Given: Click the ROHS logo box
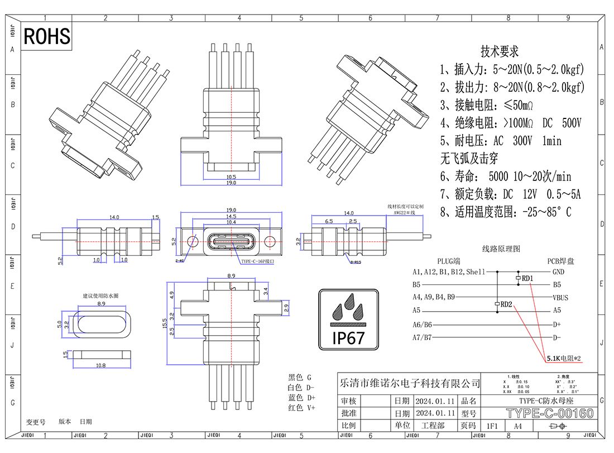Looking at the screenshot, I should [x=47, y=36].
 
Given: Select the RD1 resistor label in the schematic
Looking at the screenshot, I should [x=527, y=278].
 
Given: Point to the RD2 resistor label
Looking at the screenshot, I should [x=506, y=304].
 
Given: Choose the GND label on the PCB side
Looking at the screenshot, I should [x=558, y=272].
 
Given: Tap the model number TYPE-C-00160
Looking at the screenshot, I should [x=549, y=414].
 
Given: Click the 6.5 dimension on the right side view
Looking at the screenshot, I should [x=329, y=222].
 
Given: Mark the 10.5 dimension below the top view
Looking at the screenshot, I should [x=231, y=177].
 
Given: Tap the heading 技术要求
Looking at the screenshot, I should [x=500, y=51].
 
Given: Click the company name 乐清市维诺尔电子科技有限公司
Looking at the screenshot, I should [x=410, y=383].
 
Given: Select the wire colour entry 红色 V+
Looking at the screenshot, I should [x=301, y=408].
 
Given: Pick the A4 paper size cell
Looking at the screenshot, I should [x=518, y=426].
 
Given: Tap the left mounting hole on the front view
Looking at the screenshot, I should [x=192, y=241].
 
